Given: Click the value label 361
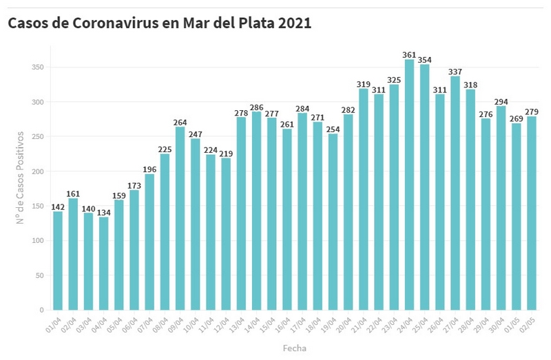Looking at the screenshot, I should [x=409, y=54].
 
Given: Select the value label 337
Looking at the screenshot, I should [x=455, y=71].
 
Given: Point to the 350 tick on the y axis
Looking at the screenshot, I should [x=37, y=67].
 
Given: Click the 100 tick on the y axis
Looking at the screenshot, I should [x=37, y=241].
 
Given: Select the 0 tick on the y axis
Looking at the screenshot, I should [x=41, y=310].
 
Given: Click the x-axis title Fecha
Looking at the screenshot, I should [x=294, y=348].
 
